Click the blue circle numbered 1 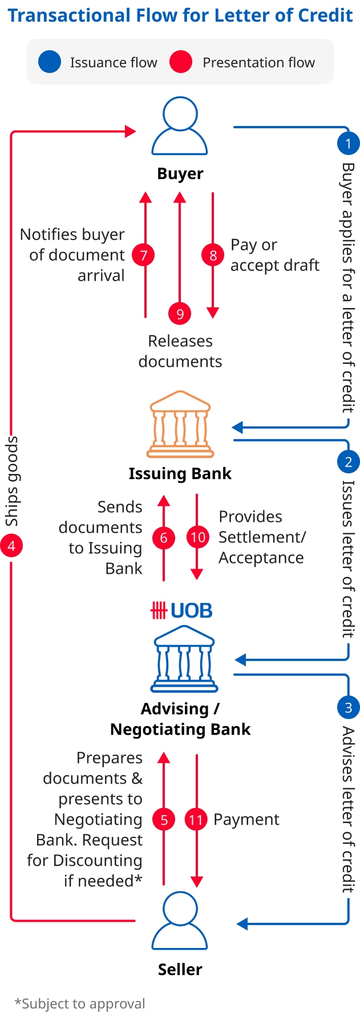click(348, 143)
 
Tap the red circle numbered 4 click(11, 546)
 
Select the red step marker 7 click(144, 255)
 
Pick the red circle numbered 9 click(180, 313)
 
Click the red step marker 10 click(197, 537)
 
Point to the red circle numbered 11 click(196, 820)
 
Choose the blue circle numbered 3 click(348, 708)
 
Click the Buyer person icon click(180, 126)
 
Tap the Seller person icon click(180, 921)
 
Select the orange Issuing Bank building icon click(180, 424)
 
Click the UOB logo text click(181, 611)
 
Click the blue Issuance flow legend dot click(50, 62)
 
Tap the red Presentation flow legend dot click(181, 62)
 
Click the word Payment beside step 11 click(246, 820)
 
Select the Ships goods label click(12, 481)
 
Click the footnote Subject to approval click(80, 1003)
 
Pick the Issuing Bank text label click(180, 473)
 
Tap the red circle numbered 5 click(164, 820)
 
